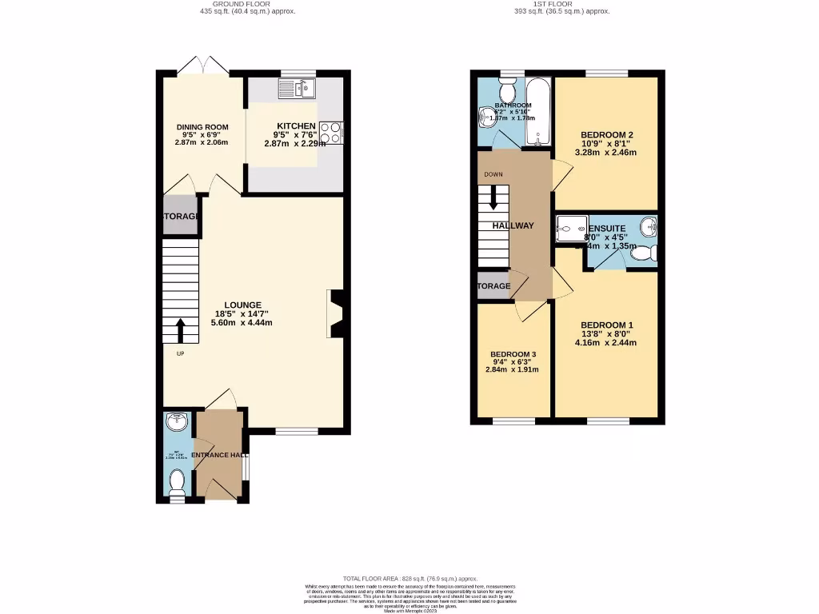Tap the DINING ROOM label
pos(202,126)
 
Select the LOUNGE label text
pos(242,305)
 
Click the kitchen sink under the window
pos(298,87)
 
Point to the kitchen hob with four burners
pos(330,132)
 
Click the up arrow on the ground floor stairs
pos(180,330)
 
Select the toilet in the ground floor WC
pos(178,482)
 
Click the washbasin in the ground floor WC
pos(175,422)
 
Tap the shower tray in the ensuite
pos(570,229)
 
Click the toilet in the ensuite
pos(644,253)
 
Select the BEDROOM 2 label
pos(607,134)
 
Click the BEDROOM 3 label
pos(513,354)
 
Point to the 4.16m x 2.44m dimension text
pos(606,342)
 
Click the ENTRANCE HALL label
pos(218,455)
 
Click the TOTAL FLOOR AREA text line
pos(409,578)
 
